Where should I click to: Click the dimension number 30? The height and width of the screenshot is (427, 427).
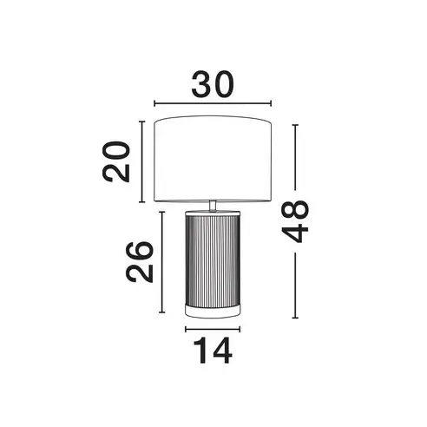[213, 84]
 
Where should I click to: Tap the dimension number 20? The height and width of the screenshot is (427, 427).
[116, 161]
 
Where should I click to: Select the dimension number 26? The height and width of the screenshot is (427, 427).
[139, 262]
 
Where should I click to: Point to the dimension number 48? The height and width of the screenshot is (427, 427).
[295, 221]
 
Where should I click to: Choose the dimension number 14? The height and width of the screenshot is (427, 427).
[213, 351]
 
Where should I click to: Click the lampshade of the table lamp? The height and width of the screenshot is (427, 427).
[213, 159]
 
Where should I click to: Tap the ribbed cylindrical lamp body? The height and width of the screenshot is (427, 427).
[213, 259]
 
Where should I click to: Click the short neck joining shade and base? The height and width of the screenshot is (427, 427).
[213, 205]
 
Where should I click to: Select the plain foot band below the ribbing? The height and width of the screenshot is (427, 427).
[213, 311]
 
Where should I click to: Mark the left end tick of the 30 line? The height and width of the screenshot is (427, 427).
[154, 103]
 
